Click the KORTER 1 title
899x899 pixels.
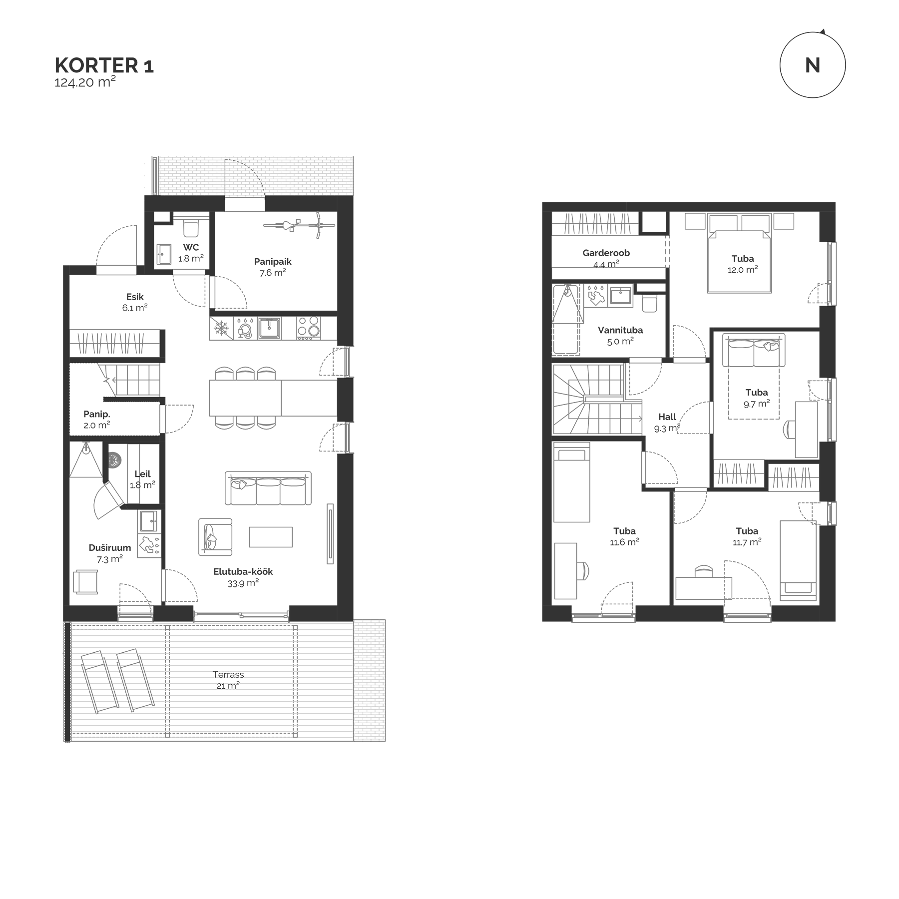click(x=104, y=66)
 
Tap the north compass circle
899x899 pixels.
click(x=812, y=65)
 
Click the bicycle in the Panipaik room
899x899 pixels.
click(x=299, y=224)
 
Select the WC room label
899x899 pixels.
click(x=191, y=247)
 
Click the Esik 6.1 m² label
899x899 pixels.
click(x=135, y=303)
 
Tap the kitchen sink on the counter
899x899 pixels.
click(x=269, y=328)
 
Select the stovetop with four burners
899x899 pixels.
click(x=309, y=328)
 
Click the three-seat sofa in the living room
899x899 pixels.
click(x=268, y=488)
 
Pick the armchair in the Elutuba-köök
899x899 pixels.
click(x=215, y=537)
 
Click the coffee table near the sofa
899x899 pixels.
click(x=271, y=537)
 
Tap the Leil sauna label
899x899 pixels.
click(x=142, y=474)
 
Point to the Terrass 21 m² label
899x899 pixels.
click(x=228, y=680)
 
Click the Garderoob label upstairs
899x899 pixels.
click(x=606, y=253)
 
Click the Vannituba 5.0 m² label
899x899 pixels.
click(x=620, y=336)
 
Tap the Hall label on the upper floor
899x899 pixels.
click(x=667, y=417)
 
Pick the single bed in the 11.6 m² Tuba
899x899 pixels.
click(x=571, y=482)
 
